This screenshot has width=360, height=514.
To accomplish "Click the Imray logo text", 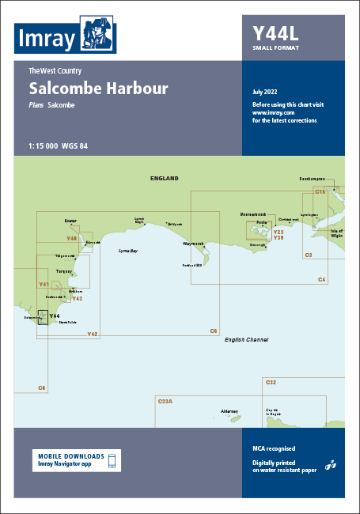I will tap(46, 37).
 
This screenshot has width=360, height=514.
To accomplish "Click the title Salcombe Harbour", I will tap(97, 88).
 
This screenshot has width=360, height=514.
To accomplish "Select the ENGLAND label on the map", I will tap(165, 179).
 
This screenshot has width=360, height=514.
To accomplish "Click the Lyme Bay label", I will tap(128, 250).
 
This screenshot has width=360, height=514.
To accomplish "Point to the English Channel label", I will tap(245, 339).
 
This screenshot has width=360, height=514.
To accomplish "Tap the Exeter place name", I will tap(70, 221).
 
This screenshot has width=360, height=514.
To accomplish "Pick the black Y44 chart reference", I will tap(55, 316).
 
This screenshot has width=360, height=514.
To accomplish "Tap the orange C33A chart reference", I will tap(165, 402).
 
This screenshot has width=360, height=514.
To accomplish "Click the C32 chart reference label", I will tap(271, 383).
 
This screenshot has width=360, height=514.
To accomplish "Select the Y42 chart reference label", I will tap(93, 334).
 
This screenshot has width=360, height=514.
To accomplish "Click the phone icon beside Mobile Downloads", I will tap(112, 460).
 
